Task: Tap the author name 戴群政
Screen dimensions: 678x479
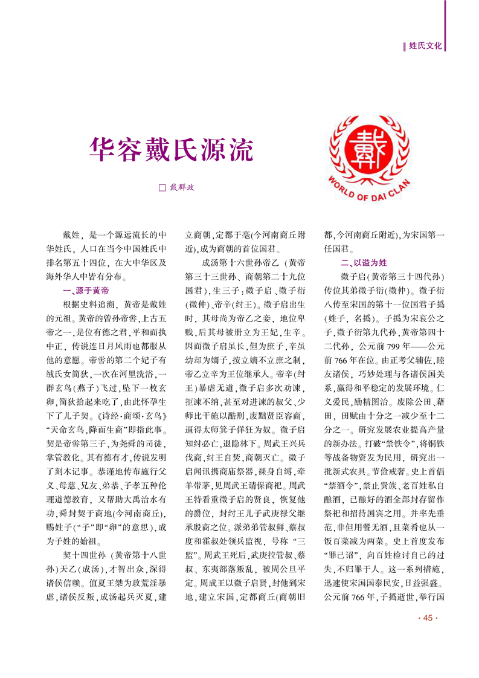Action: (x=181, y=188)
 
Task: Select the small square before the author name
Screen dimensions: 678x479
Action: (x=161, y=188)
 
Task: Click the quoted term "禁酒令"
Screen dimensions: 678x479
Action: (x=341, y=485)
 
